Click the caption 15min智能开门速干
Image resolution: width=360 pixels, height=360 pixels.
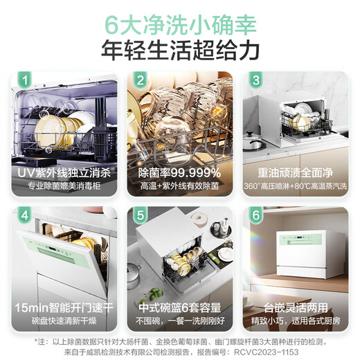tap(62, 306)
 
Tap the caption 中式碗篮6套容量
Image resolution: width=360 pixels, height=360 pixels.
tap(179, 306)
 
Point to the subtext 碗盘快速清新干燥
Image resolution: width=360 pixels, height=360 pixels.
tap(62, 321)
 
